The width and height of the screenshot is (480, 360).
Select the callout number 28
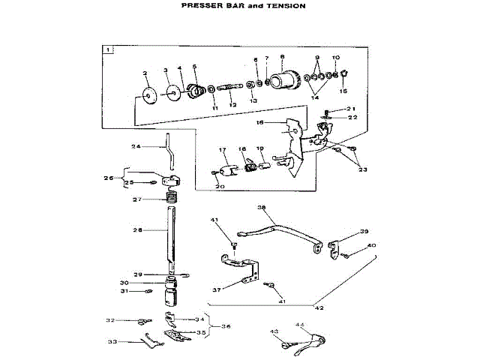[138, 229]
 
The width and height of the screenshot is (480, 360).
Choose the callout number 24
[136, 146]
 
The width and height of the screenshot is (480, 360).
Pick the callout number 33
[112, 341]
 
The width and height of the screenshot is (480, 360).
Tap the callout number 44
[300, 325]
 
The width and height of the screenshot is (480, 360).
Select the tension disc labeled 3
[172, 93]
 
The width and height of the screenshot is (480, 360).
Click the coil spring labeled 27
[172, 199]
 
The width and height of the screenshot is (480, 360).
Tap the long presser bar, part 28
[172, 240]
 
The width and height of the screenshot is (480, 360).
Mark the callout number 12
[232, 105]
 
